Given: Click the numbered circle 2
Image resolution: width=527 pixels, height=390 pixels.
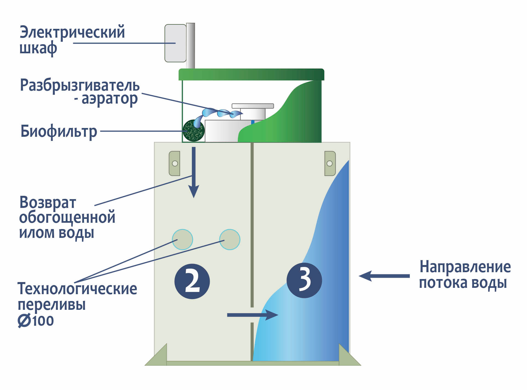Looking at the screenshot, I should (192, 281).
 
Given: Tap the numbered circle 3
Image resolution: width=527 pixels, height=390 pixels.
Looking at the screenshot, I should (304, 280).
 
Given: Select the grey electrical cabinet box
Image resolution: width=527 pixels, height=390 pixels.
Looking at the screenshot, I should (175, 43).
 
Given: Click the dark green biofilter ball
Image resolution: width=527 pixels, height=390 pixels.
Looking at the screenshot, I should (194, 130).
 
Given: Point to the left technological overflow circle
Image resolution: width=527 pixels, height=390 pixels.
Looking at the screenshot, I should (183, 239).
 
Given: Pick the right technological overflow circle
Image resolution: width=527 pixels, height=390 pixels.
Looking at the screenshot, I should (230, 239).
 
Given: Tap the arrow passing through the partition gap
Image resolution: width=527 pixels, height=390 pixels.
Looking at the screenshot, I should (253, 315).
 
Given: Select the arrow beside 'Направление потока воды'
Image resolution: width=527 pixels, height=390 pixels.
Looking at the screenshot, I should (384, 276).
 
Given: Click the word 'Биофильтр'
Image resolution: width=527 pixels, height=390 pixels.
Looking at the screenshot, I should (59, 132).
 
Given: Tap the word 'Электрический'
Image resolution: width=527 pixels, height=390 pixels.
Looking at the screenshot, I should (72, 32).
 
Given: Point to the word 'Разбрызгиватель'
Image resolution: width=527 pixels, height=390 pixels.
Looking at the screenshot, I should (80, 85).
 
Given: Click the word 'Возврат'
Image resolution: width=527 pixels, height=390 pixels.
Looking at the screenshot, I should (48, 203).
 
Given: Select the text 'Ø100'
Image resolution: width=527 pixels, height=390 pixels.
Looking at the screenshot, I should (36, 321).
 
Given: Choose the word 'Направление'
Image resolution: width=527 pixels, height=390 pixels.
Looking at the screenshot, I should (465, 267).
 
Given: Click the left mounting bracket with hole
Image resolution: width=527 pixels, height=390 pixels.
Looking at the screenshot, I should (175, 163).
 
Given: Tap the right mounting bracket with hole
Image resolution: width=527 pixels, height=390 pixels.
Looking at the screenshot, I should (330, 163).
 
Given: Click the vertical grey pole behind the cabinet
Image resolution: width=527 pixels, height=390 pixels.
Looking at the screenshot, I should (190, 45).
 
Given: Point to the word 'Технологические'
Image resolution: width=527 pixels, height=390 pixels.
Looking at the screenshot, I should (77, 289).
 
